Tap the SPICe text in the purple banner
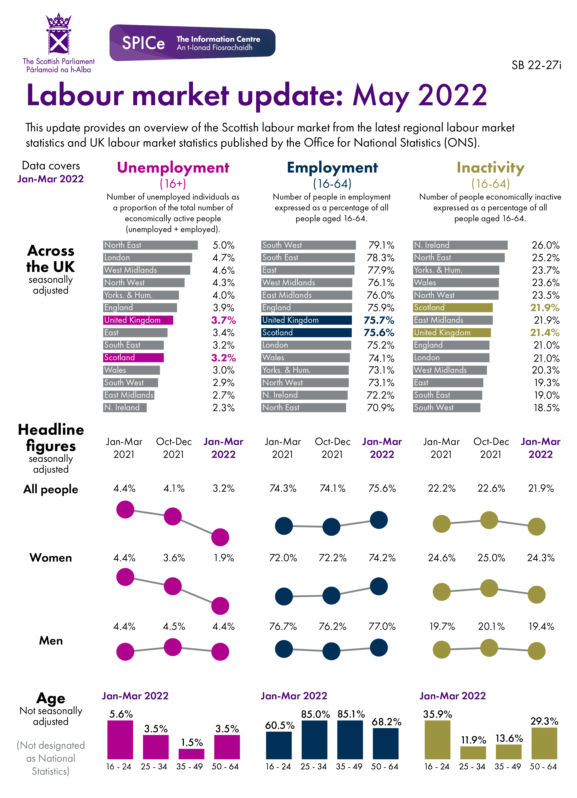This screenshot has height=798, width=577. click(x=143, y=43)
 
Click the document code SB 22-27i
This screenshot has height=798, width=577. click(x=536, y=65)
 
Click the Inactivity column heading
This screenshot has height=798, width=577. click(x=490, y=168)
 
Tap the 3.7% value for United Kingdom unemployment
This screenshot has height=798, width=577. click(x=223, y=320)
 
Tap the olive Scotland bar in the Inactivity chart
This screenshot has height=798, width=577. click(x=453, y=307)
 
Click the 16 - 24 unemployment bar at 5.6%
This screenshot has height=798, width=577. click(x=120, y=740)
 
